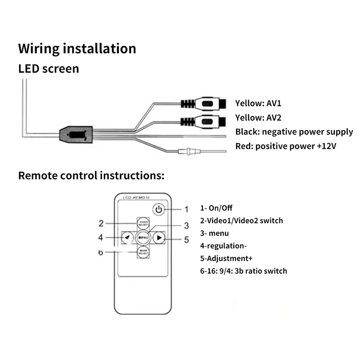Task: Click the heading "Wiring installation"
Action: point(77,49)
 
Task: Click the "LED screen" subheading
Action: point(49,69)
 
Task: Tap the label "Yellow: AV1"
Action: point(258,103)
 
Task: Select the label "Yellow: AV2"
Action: point(258,118)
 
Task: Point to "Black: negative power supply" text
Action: point(294,132)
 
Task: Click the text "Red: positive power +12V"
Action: point(286,146)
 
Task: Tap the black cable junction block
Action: point(76,134)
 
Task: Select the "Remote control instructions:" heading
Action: point(91,175)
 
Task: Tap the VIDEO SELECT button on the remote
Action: point(143,223)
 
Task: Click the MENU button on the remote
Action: point(144,237)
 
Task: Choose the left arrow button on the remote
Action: point(128,237)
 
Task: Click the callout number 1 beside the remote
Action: point(186,209)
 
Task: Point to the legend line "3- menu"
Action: point(214,233)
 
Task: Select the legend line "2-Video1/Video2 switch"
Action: point(241,220)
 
